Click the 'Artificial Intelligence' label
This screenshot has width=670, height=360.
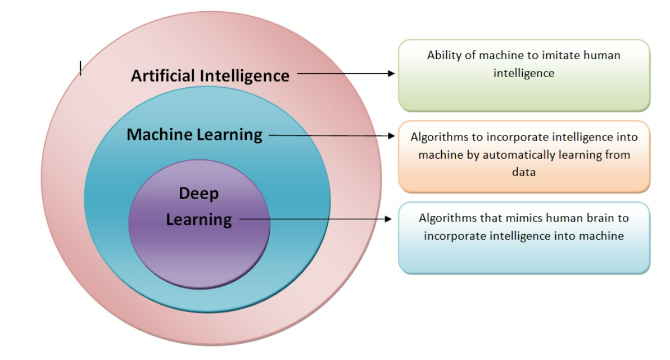coord(210,75)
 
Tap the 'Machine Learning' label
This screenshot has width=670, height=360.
coord(194,135)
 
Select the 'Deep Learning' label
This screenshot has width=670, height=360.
coord(199,206)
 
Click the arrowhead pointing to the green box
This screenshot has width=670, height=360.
coord(392,73)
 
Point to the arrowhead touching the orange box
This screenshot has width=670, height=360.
coord(392,136)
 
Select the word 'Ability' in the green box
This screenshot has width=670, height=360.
coord(443,55)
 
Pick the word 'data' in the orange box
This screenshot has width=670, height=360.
coord(523,172)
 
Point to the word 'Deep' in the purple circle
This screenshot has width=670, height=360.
coord(199,193)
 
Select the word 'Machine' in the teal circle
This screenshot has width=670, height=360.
coord(160,135)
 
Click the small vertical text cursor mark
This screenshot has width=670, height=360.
coord(80,68)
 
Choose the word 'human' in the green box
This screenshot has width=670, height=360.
coord(601,55)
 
